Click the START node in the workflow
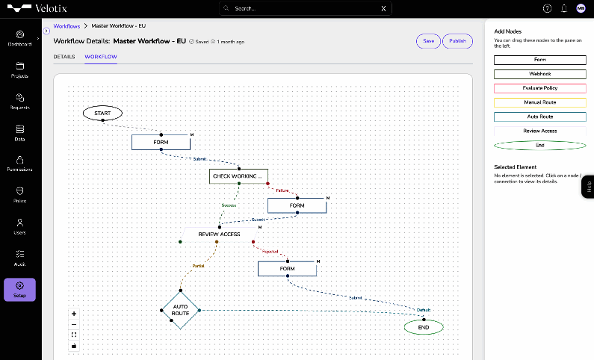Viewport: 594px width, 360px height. pyautogui.click(x=102, y=113)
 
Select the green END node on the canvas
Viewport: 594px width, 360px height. pyautogui.click(x=424, y=327)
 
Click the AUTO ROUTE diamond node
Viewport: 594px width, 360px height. pyautogui.click(x=181, y=310)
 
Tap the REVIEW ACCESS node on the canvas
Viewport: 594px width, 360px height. pyautogui.click(x=219, y=234)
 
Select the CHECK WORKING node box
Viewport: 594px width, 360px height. pyautogui.click(x=238, y=176)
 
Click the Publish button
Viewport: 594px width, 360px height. pyautogui.click(x=457, y=41)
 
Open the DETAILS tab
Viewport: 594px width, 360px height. pyautogui.click(x=64, y=57)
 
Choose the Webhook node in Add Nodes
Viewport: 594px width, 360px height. pyautogui.click(x=539, y=74)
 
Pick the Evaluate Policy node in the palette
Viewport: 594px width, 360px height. pyautogui.click(x=539, y=88)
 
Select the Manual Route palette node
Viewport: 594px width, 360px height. pyautogui.click(x=539, y=102)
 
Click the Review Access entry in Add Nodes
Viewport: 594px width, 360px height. pyautogui.click(x=539, y=131)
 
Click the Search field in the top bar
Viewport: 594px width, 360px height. pyautogui.click(x=306, y=8)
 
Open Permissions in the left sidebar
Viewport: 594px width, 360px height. pyautogui.click(x=20, y=163)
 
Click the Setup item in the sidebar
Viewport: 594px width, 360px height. pyautogui.click(x=20, y=289)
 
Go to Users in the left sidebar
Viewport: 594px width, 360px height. pyautogui.click(x=20, y=226)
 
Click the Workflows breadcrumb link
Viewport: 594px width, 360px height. pyautogui.click(x=66, y=26)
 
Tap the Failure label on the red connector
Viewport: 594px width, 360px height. pyautogui.click(x=282, y=190)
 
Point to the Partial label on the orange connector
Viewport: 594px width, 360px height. pyautogui.click(x=198, y=265)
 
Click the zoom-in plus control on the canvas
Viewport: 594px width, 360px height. pyautogui.click(x=74, y=314)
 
